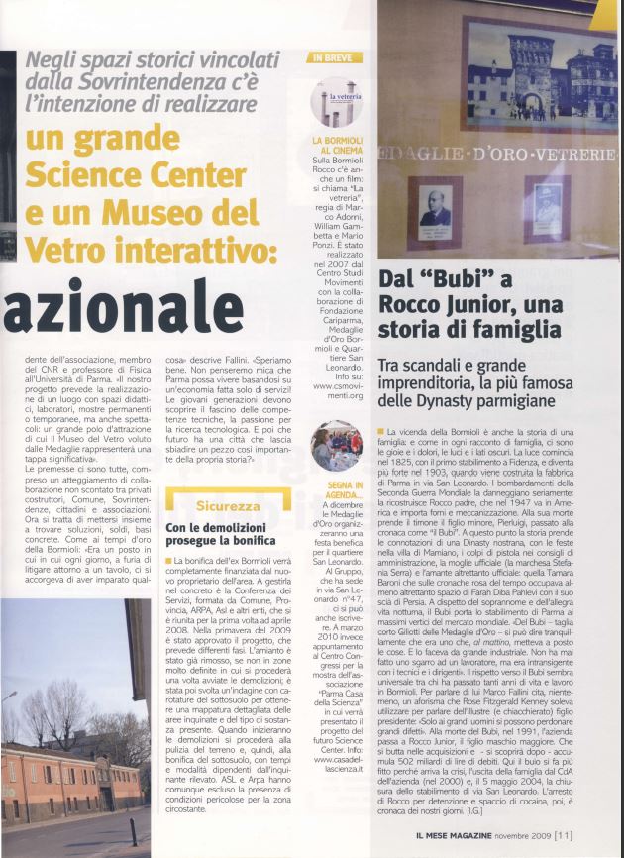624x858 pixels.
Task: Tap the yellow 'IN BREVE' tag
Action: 330,57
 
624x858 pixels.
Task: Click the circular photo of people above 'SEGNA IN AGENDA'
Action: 336,445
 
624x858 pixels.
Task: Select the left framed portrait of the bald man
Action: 435,209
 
